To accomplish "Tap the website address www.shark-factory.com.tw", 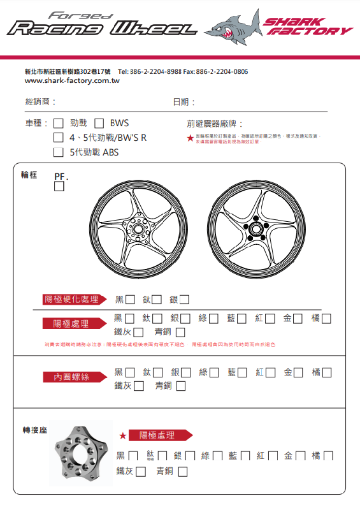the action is tap(72, 81).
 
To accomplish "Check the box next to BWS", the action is tap(99, 123).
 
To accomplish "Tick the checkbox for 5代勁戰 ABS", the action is tap(59, 152).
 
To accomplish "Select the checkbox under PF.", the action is tap(59, 187).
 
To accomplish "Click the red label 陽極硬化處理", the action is tap(71, 300).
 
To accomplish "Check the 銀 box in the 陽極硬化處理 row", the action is tap(184, 300).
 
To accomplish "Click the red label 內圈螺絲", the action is tap(71, 377).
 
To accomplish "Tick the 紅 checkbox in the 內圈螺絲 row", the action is tap(270, 372).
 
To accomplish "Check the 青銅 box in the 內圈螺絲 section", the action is tap(181, 386).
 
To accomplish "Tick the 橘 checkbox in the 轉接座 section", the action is tap(328, 456).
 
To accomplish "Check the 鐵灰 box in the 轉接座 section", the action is tap(141, 472).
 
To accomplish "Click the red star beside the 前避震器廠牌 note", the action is tap(190, 137).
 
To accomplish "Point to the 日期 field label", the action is tap(184, 102).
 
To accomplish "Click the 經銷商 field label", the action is tap(40, 102).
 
